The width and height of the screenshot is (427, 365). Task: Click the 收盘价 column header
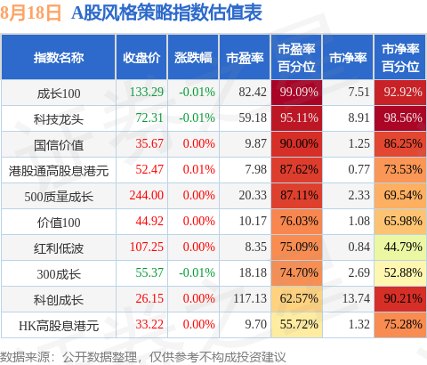coord(141,58)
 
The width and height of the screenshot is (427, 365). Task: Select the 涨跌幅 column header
coord(193,58)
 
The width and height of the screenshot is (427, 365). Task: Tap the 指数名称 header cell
coord(59,58)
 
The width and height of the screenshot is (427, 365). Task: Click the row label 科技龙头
coord(59,119)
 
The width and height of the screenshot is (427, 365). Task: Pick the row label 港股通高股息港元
coord(59,171)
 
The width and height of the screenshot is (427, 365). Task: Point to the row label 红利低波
coord(59,248)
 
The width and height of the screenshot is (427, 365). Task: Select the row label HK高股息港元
coord(59,326)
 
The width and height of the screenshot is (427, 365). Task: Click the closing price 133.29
coord(147,92)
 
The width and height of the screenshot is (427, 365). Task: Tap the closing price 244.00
coord(147,195)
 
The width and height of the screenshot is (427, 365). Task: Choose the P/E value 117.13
coord(250,298)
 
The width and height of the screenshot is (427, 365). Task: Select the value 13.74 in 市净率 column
coord(356,298)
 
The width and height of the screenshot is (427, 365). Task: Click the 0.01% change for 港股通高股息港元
coord(198,169)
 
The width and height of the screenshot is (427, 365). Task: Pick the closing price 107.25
coord(147,247)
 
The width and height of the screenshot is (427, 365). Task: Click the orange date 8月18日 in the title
coord(30,12)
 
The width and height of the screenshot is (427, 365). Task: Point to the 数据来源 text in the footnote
coord(25,357)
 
